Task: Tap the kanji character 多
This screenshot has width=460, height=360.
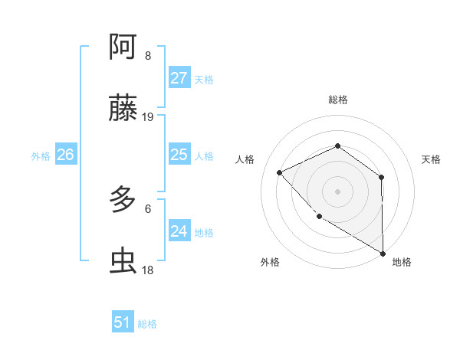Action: pyautogui.click(x=123, y=201)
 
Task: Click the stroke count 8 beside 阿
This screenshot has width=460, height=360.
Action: pyautogui.click(x=148, y=56)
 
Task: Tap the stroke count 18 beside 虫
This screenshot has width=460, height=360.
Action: pyautogui.click(x=148, y=271)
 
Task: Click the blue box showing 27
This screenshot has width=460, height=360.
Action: pyautogui.click(x=179, y=78)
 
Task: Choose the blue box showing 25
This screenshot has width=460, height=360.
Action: pyautogui.click(x=179, y=155)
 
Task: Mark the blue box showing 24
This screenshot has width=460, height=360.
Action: pyautogui.click(x=179, y=231)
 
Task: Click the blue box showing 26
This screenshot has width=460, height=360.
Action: pyautogui.click(x=65, y=155)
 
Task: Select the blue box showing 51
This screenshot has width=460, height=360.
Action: pyautogui.click(x=123, y=322)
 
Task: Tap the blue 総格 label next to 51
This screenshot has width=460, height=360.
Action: pyautogui.click(x=147, y=324)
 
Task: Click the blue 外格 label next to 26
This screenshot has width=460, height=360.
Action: pyautogui.click(x=41, y=156)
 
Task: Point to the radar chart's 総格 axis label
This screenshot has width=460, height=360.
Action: pyautogui.click(x=337, y=100)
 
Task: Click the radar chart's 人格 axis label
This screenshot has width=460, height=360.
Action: pyautogui.click(x=245, y=159)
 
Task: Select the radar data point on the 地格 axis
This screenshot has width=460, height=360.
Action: pyautogui.click(x=383, y=253)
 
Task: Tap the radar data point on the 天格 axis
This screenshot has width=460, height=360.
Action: pyautogui.click(x=381, y=177)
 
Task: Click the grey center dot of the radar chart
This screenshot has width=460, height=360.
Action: pyautogui.click(x=337, y=191)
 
